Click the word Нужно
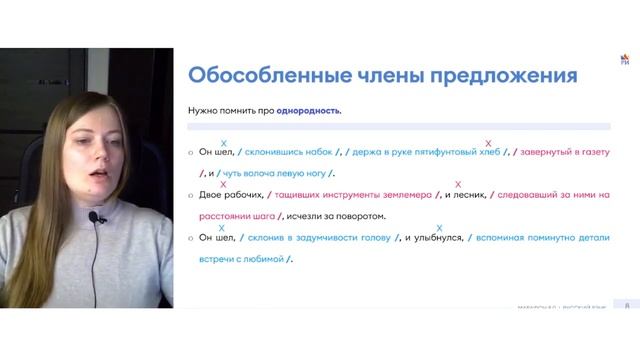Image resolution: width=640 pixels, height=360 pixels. [203, 111]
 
